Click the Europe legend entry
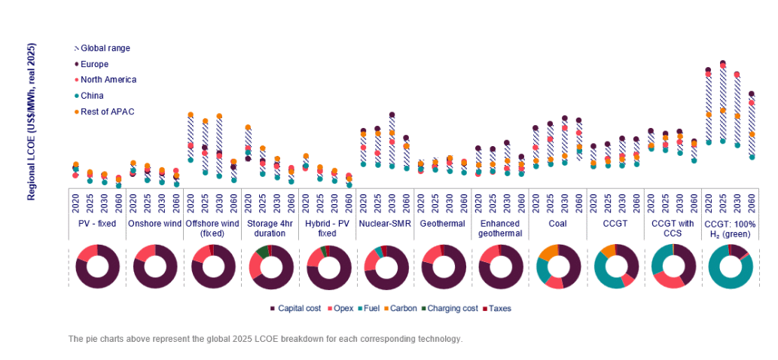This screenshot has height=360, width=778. (x=94, y=64)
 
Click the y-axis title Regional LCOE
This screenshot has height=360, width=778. (x=32, y=121)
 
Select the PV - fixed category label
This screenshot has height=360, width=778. (x=97, y=224)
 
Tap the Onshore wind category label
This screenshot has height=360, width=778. (x=154, y=224)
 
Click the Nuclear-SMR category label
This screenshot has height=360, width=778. (x=385, y=224)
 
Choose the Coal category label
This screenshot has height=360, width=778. (x=558, y=224)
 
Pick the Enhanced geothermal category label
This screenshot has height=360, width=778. (x=500, y=228)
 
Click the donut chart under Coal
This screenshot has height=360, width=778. (x=558, y=267)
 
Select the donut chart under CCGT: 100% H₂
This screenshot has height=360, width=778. (x=730, y=267)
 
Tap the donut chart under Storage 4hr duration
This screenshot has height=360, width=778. (x=270, y=267)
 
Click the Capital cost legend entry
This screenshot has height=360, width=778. (x=300, y=309)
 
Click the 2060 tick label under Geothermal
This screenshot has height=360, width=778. (x=464, y=203)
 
